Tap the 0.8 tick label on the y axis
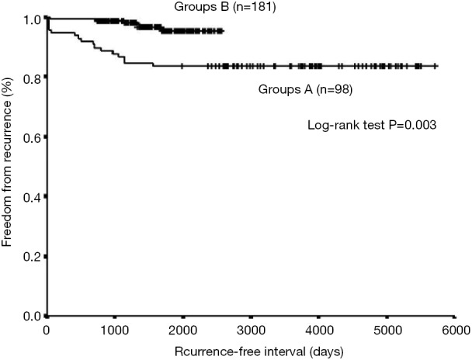32,78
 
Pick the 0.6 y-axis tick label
32,137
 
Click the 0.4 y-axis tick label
32,197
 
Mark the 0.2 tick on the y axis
32,256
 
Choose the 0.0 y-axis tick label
32,316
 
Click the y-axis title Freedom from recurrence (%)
9,167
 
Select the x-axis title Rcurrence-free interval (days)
250,350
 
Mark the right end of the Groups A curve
437,66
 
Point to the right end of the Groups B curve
223,31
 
